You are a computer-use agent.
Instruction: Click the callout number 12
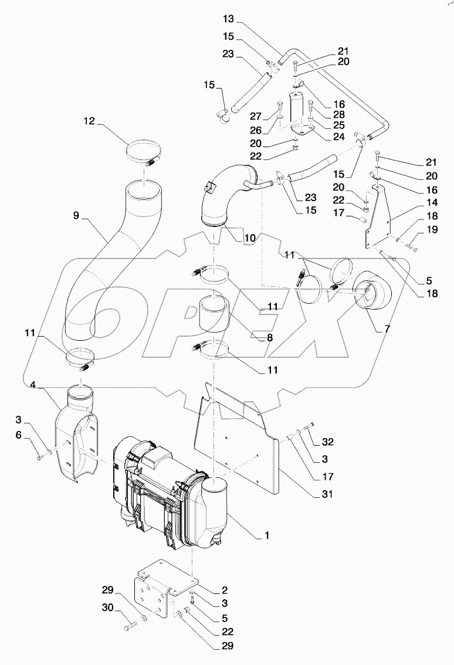coord(89,121)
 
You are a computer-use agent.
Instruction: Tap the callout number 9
coord(76,216)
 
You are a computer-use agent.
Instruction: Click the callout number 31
coord(326,494)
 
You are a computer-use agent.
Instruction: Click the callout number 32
coord(327,442)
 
